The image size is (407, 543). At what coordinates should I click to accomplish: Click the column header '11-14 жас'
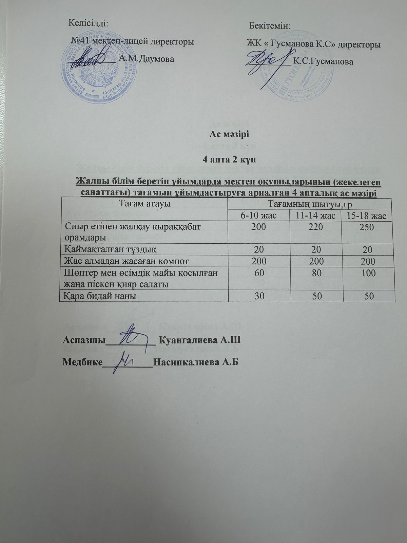[x=316, y=216]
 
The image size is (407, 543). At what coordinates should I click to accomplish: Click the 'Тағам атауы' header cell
[x=144, y=204]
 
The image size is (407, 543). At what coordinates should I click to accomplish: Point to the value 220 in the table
[x=316, y=227]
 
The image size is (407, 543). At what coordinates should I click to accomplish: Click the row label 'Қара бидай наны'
[x=100, y=296]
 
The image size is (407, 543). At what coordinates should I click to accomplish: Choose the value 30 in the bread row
[x=259, y=296]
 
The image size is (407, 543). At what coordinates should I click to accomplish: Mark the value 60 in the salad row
[x=259, y=273]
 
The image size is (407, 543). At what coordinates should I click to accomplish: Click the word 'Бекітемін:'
[x=270, y=26]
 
